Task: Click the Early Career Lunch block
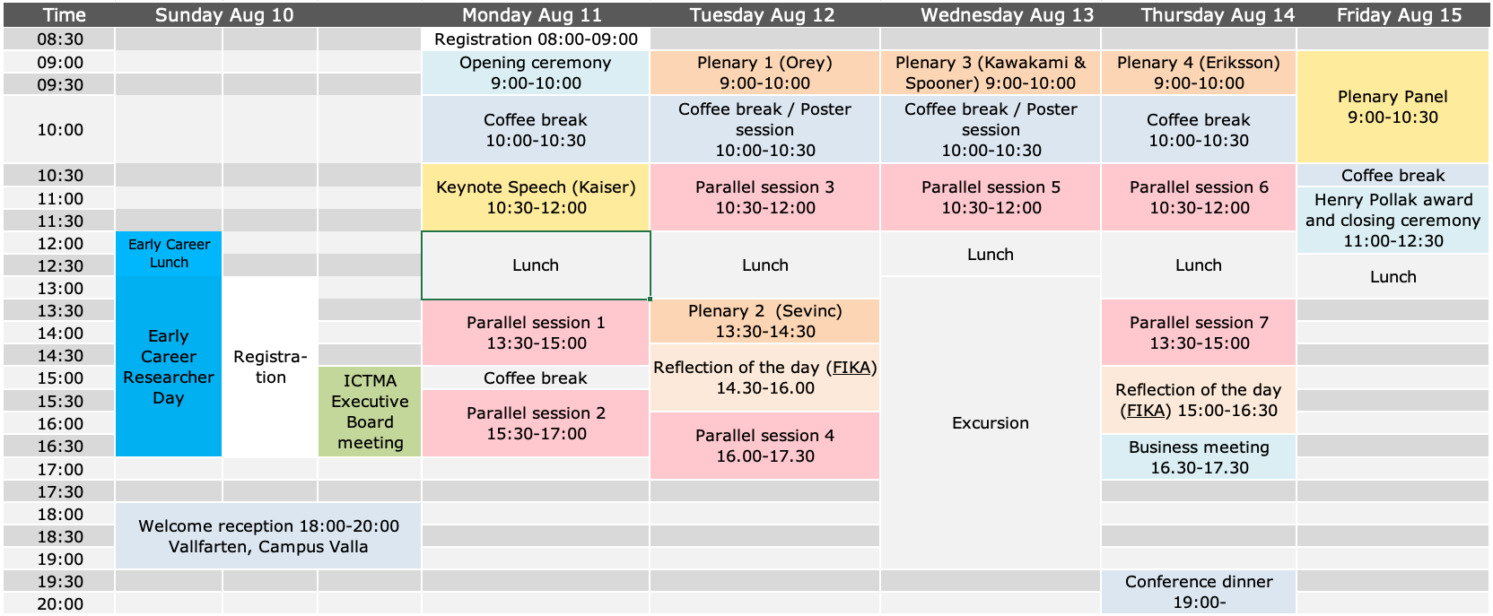pos(169,254)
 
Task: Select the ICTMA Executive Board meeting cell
pos(370,412)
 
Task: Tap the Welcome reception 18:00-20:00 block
pos(268,536)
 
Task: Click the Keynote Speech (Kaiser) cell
pos(536,197)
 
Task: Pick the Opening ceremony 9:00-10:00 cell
pos(536,73)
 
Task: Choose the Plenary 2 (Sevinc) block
pos(765,321)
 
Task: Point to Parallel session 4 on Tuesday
pos(765,446)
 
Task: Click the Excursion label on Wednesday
pos(991,423)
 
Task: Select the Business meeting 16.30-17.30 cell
pos(1199,456)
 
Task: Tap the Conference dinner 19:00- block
pos(1199,592)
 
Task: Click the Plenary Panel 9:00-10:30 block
pos(1393,107)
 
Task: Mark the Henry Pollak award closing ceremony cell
pos(1393,220)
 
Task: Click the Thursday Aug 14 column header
pos(1217,14)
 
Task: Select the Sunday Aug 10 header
pos(224,14)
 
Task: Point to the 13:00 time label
pos(60,289)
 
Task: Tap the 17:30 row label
pos(60,492)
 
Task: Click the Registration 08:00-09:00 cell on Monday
pos(536,39)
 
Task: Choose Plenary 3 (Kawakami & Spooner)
pos(991,73)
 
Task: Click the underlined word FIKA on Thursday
pos(1145,411)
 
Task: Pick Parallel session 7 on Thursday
pos(1199,333)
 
